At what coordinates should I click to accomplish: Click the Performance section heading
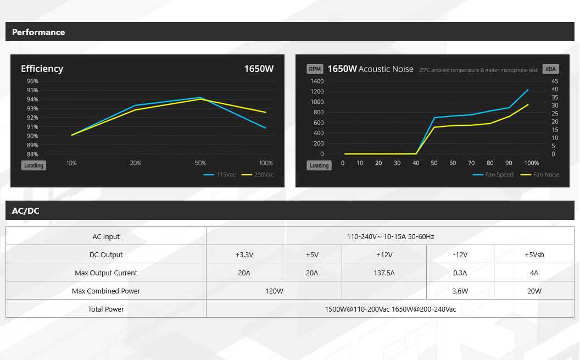click(38, 32)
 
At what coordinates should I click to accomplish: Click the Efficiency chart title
click(42, 69)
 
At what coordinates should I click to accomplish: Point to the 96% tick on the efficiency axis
click(32, 81)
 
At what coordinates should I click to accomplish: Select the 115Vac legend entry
click(220, 175)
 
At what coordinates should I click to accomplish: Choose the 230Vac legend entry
click(258, 175)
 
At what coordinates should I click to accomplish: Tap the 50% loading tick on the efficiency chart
click(200, 163)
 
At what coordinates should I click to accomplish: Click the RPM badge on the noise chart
click(315, 69)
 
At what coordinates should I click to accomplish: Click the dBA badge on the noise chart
click(551, 69)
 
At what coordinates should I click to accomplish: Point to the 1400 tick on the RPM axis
click(317, 81)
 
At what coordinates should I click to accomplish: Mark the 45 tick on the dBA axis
click(555, 81)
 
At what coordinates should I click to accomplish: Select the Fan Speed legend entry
click(493, 175)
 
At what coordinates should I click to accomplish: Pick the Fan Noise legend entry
click(540, 175)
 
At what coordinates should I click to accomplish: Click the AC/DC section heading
click(25, 211)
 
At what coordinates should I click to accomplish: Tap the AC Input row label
click(106, 236)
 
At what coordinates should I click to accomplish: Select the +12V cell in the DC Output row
click(384, 254)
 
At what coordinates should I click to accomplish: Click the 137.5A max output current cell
click(384, 273)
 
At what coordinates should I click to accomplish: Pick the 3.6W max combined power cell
click(460, 291)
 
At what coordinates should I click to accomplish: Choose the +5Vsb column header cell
click(534, 254)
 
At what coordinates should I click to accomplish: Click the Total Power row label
click(106, 309)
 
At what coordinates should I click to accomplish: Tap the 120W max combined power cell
click(274, 291)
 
